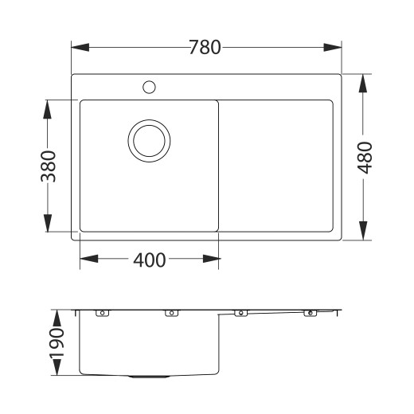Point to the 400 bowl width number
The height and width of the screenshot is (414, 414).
point(150,260)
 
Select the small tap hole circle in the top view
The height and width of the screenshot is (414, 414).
point(149,86)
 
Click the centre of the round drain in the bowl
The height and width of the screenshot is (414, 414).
point(149,142)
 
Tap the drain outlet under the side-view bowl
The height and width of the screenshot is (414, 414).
point(148,376)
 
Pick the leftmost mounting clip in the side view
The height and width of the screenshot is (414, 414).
point(101,314)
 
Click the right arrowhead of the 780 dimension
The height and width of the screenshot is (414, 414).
point(338,47)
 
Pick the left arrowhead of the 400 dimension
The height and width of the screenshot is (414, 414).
point(86,260)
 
